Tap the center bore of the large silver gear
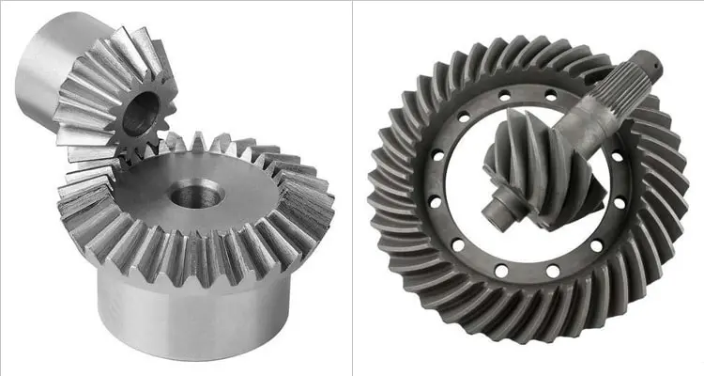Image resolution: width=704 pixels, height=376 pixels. point(196,196)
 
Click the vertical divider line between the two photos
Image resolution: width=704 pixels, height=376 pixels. point(353,188)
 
